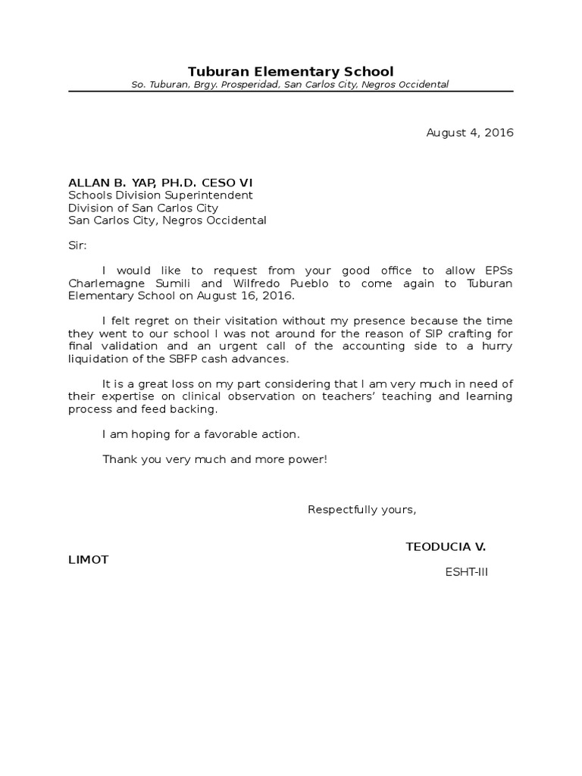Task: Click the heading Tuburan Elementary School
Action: [x=290, y=71]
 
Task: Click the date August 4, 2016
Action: [x=470, y=133]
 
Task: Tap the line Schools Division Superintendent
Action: [x=161, y=195]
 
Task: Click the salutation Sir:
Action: [x=77, y=246]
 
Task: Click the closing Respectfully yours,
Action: [x=362, y=508]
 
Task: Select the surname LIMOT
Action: [x=89, y=559]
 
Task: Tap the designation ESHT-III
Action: [x=467, y=572]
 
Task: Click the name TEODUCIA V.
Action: [x=446, y=546]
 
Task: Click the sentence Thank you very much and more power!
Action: [x=214, y=459]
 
